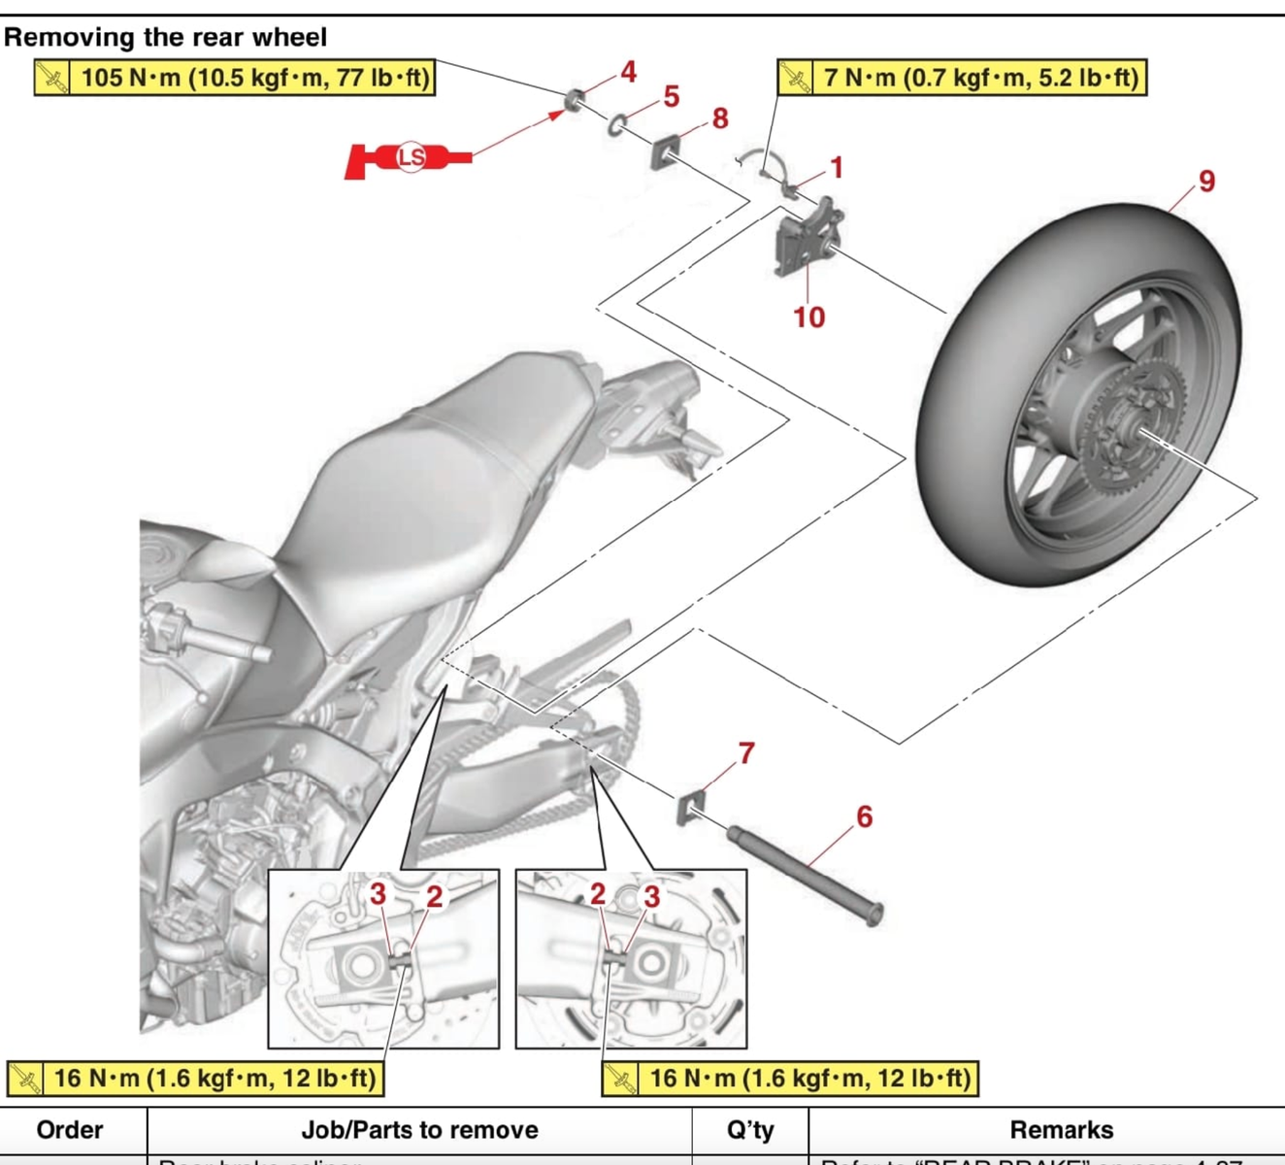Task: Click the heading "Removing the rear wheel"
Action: pos(165,37)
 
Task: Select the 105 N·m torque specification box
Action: pos(234,78)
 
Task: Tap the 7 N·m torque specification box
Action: pos(962,78)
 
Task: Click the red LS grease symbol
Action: pos(410,157)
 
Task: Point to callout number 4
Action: pos(629,71)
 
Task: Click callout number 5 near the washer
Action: pos(672,96)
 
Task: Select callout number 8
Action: pos(720,118)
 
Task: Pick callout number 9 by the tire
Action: pos(1206,182)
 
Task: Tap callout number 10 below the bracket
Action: pos(808,317)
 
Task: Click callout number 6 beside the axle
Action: pos(864,816)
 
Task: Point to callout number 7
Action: pos(746,752)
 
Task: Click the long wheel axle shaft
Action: pos(806,871)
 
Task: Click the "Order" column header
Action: pos(69,1130)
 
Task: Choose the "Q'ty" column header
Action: pos(750,1130)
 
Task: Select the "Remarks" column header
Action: pos(1061,1130)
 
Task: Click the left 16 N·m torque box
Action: pos(195,1079)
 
